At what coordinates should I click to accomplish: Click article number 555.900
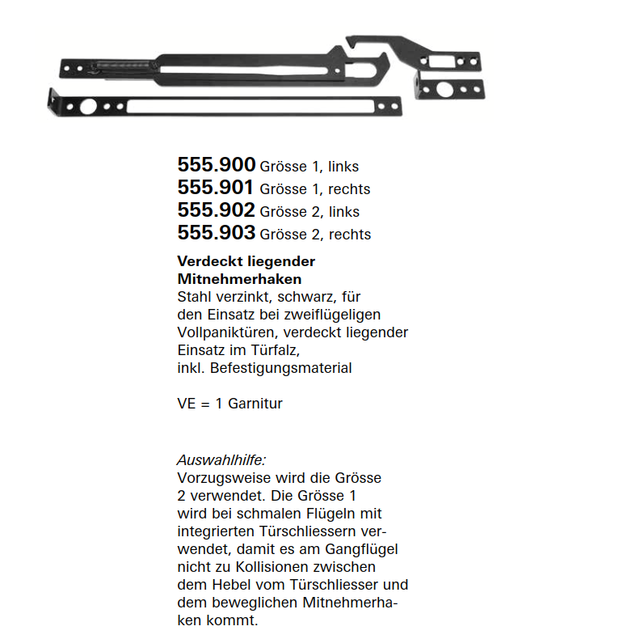[x=216, y=165]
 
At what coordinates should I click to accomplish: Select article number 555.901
[x=216, y=188]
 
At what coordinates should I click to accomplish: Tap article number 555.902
[x=216, y=210]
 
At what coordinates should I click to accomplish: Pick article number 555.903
[x=216, y=233]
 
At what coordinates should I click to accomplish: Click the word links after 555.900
[x=343, y=167]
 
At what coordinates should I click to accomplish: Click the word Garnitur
[x=255, y=404]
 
